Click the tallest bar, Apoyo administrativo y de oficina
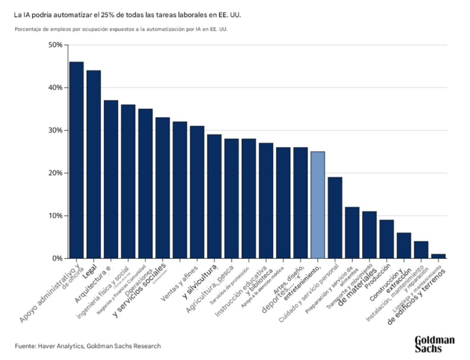(x=76, y=161)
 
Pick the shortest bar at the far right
(x=438, y=256)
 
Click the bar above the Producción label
(x=386, y=239)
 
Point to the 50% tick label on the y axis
(x=55, y=45)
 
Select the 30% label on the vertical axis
(x=55, y=130)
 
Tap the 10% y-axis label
(x=55, y=216)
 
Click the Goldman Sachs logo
(x=434, y=344)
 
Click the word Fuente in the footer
(x=24, y=346)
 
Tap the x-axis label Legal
(x=90, y=271)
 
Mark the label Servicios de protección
(x=230, y=284)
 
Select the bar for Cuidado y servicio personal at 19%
(x=335, y=218)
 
